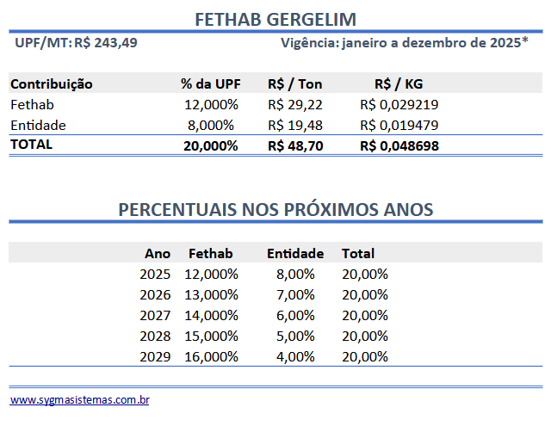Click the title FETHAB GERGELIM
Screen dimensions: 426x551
point(275,19)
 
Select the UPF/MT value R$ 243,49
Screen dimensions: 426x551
point(105,42)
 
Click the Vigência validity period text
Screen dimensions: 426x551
point(405,42)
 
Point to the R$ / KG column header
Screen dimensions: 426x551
point(399,83)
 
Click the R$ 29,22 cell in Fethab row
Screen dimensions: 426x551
point(295,104)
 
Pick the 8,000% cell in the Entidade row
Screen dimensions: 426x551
point(211,125)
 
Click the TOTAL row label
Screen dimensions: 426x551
point(32,145)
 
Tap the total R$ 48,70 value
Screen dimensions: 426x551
point(295,145)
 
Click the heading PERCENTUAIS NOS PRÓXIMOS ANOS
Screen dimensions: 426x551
point(275,210)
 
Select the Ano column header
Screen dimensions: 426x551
point(158,253)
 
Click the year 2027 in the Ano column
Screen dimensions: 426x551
point(156,315)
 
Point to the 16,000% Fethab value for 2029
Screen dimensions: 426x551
point(211,356)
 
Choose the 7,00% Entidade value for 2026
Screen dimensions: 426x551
point(295,294)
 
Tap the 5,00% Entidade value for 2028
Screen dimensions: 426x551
point(295,336)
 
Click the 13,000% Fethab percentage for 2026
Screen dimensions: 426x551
point(211,294)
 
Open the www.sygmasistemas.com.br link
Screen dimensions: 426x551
point(80,400)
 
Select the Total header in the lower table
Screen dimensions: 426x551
point(358,253)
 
